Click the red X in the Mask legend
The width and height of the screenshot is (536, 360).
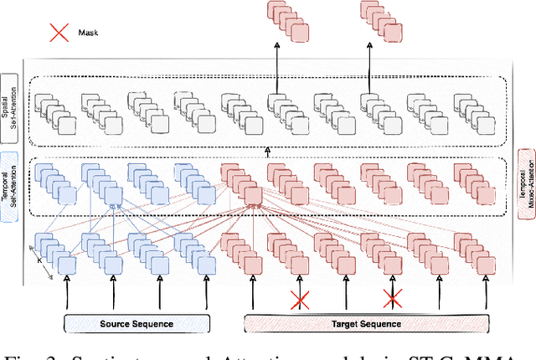59,34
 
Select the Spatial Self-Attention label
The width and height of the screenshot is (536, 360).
10,109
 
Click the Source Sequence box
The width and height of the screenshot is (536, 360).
136,323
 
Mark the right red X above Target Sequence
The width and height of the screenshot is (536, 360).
392,299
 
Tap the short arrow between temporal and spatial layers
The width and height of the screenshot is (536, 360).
268,151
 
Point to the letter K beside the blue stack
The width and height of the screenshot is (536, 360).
39,260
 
